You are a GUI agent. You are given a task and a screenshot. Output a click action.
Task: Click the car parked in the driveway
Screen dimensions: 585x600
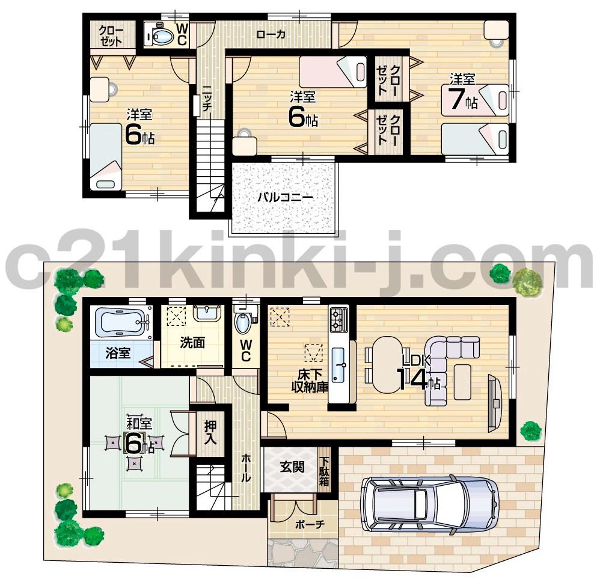click(429, 504)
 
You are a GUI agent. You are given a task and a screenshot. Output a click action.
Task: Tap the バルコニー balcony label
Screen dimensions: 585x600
click(286, 197)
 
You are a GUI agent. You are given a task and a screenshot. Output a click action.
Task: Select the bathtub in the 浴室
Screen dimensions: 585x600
click(123, 322)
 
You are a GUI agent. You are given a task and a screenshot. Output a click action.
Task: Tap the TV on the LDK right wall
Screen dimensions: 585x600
click(493, 402)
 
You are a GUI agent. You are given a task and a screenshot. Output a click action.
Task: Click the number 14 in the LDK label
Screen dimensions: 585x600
click(411, 379)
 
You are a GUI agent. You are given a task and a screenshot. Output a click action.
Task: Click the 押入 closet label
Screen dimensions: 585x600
click(210, 432)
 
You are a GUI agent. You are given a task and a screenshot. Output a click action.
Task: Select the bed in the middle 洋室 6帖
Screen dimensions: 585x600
click(332, 72)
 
